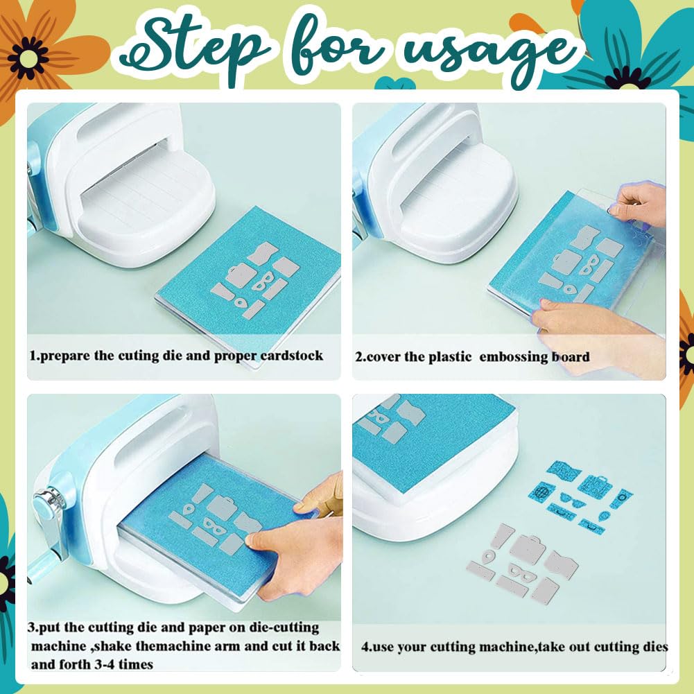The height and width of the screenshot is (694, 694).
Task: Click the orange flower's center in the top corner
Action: click(x=28, y=58)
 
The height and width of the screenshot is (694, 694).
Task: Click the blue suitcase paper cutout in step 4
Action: click(x=596, y=485)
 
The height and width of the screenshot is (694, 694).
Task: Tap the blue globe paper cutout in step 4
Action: click(x=541, y=492)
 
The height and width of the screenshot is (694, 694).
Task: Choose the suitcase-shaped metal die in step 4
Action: click(x=526, y=549)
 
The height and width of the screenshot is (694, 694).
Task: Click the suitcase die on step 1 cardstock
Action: click(x=241, y=275)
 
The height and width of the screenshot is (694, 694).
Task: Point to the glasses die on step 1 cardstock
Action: click(x=263, y=281)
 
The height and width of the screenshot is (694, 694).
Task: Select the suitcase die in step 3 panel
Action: click(x=222, y=507)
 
